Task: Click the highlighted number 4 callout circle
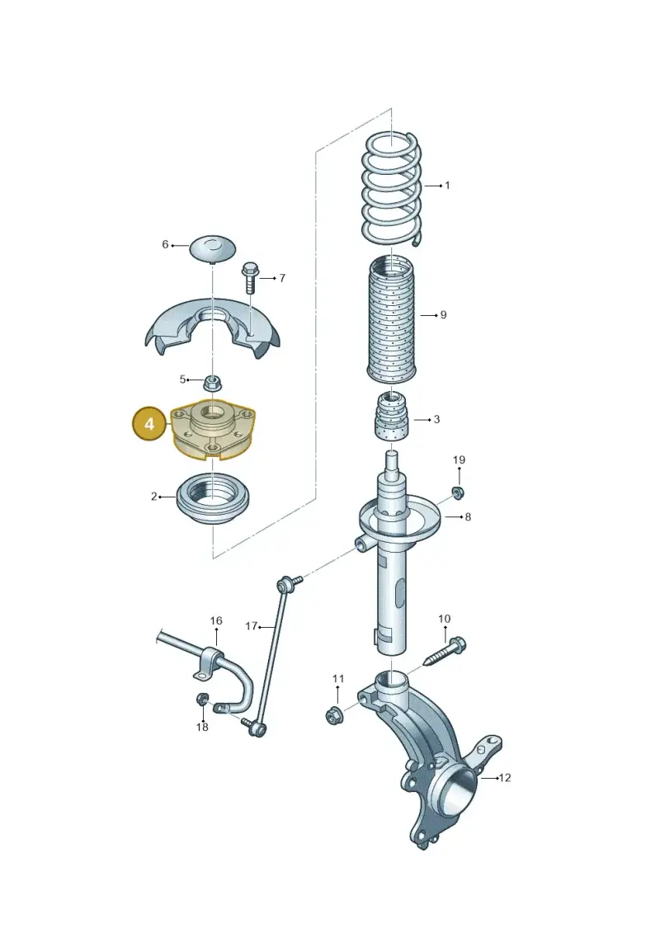pos(149,424)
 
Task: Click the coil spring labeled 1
pos(393,189)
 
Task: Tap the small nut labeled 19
pos(458,492)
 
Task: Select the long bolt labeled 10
pos(445,653)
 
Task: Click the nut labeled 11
pos(334,715)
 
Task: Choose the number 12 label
pos(505,778)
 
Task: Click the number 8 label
pos(468,517)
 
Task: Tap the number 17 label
pos(251,626)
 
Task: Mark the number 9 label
pos(443,315)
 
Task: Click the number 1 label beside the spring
pos(447,186)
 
